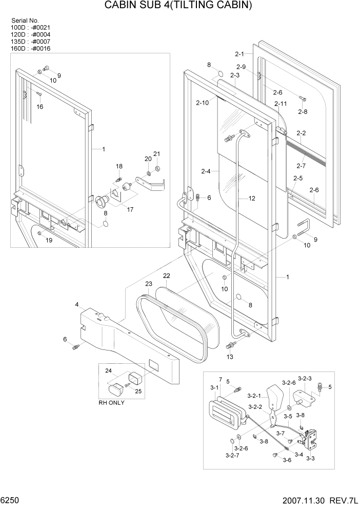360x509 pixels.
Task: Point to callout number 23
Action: click(x=149, y=284)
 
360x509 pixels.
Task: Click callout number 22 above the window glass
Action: click(x=167, y=276)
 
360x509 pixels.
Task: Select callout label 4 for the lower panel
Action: click(x=76, y=304)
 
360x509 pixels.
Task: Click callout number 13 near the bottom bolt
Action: click(x=229, y=357)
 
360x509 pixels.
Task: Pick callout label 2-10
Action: click(x=202, y=103)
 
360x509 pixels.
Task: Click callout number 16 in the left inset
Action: click(x=39, y=106)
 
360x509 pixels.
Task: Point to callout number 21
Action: click(x=157, y=154)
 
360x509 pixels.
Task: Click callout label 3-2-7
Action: click(x=231, y=455)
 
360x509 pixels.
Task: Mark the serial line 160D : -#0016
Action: click(x=30, y=49)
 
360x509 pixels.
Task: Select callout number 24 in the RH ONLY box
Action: click(x=108, y=370)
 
